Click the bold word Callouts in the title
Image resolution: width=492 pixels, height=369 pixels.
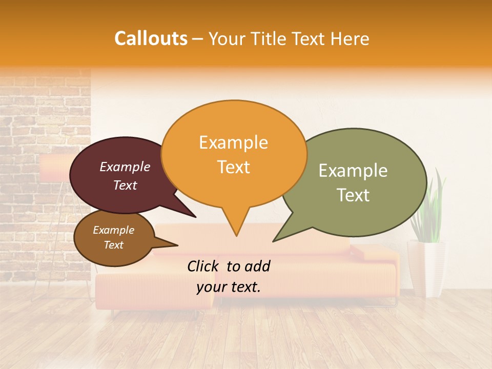(x=151, y=38)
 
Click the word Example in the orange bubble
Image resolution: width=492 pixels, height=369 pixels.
(x=233, y=142)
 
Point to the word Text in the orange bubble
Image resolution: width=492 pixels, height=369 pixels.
(x=233, y=167)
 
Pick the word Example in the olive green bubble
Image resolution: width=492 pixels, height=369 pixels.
(x=353, y=171)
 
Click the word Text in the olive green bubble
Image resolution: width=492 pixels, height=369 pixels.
(x=353, y=195)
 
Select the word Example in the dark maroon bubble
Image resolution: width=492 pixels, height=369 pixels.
(x=125, y=167)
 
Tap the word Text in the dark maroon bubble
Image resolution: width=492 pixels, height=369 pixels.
(x=125, y=185)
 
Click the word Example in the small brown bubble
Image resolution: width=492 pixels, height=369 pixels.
(x=113, y=230)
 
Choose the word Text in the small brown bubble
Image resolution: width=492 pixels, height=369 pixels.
(x=113, y=245)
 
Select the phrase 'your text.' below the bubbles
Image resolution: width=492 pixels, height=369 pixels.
(x=229, y=287)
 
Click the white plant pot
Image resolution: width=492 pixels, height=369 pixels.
(x=426, y=266)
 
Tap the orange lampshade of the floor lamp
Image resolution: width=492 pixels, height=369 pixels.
(x=54, y=169)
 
